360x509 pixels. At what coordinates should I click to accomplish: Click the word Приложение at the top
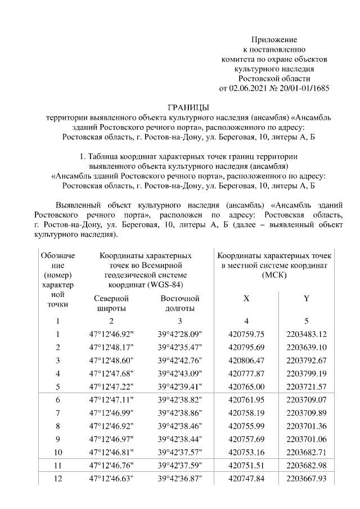273,39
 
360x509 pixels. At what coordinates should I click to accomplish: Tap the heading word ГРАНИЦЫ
189,107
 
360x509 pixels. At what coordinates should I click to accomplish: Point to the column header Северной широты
111,303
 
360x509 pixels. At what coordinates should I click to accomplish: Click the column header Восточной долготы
180,303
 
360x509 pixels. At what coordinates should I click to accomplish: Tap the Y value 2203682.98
307,466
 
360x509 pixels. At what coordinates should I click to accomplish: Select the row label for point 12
57,479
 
